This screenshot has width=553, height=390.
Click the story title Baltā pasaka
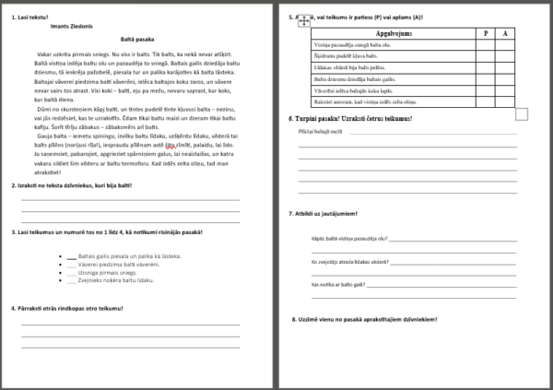tap(136, 41)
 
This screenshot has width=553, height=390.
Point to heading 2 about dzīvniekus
tap(78, 185)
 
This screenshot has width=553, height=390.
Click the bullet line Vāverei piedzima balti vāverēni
tap(118, 264)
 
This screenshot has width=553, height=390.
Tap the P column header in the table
tap(486, 32)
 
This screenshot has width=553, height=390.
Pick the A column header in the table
tap(506, 32)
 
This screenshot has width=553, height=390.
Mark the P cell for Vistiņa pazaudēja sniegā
tap(486, 44)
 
